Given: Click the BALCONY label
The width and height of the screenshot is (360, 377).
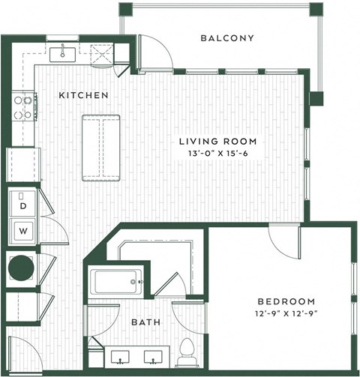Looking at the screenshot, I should tap(228, 38).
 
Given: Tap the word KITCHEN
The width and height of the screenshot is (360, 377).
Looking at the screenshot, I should tap(84, 96).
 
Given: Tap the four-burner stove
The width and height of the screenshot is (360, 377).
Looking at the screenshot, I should tap(23, 107).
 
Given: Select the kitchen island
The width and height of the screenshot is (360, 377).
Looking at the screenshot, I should tap(100, 147).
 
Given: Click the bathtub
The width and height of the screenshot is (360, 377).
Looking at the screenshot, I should tap(117, 283).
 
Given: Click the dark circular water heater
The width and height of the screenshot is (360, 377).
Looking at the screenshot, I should tap(20, 267).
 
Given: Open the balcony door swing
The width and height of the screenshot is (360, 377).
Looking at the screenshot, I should tap(155, 53).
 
